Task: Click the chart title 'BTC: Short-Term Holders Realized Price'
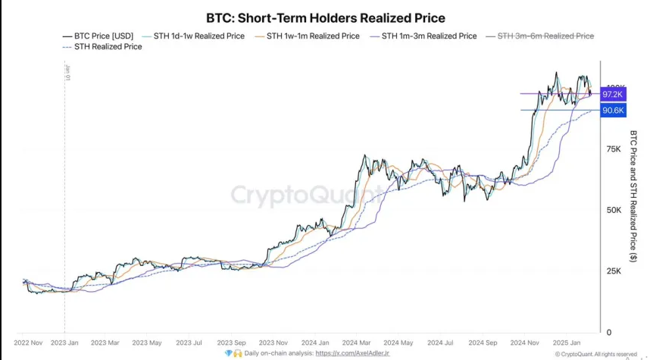pos(326,17)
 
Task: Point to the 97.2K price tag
pos(612,94)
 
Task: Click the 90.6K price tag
pos(612,111)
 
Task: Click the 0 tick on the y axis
pos(608,333)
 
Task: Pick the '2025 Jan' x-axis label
pos(566,343)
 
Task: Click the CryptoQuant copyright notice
pos(595,354)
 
